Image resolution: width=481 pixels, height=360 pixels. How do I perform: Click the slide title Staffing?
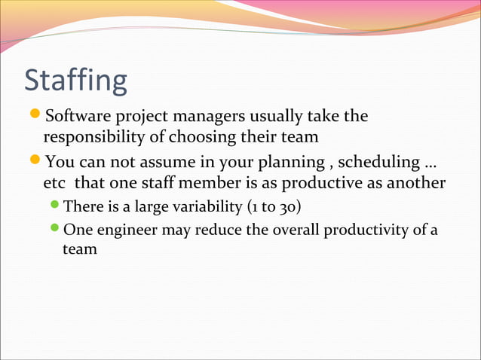75,81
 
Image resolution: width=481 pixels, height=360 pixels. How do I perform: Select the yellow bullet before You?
35,162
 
